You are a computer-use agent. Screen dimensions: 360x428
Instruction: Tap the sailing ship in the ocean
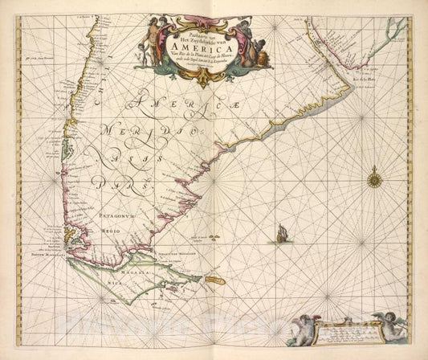tap(280, 234)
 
